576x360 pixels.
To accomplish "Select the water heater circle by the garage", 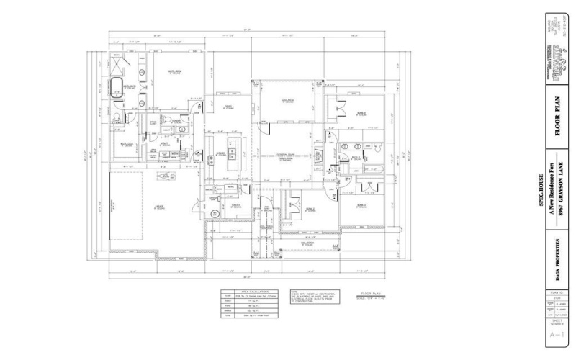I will pos(214,215).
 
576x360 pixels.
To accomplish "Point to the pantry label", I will pos(235,204).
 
